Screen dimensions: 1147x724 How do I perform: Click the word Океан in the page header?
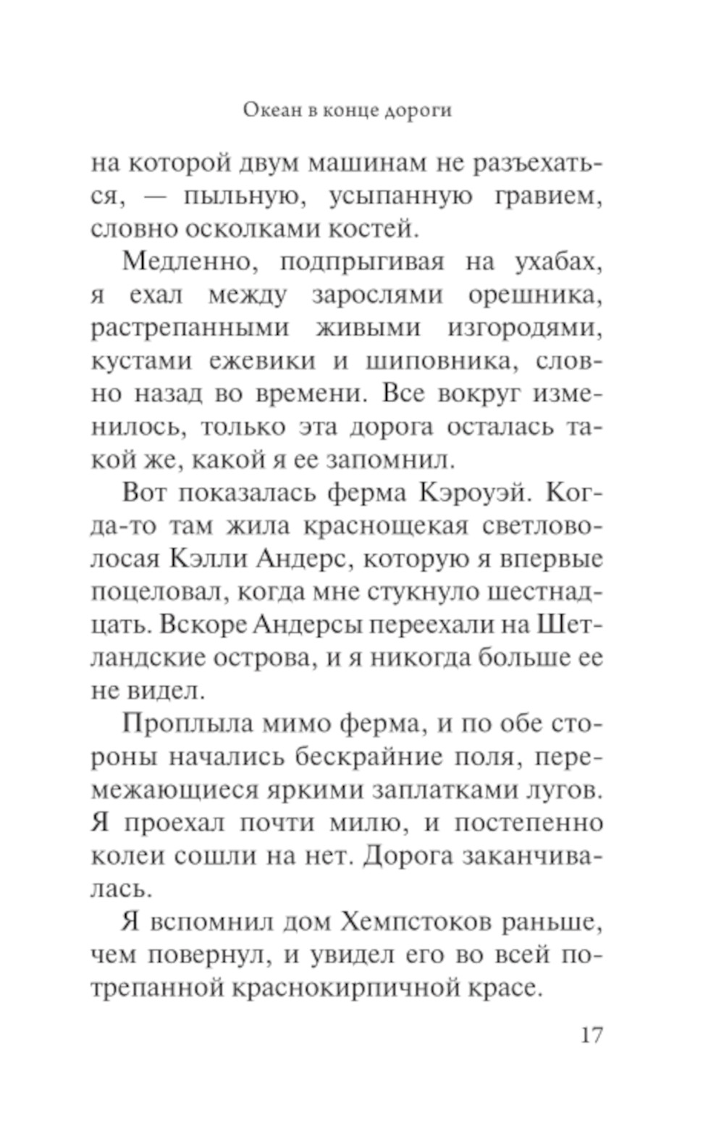click(x=269, y=111)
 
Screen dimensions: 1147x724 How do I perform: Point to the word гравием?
click(x=548, y=197)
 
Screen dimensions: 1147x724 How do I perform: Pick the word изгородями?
click(x=524, y=328)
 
